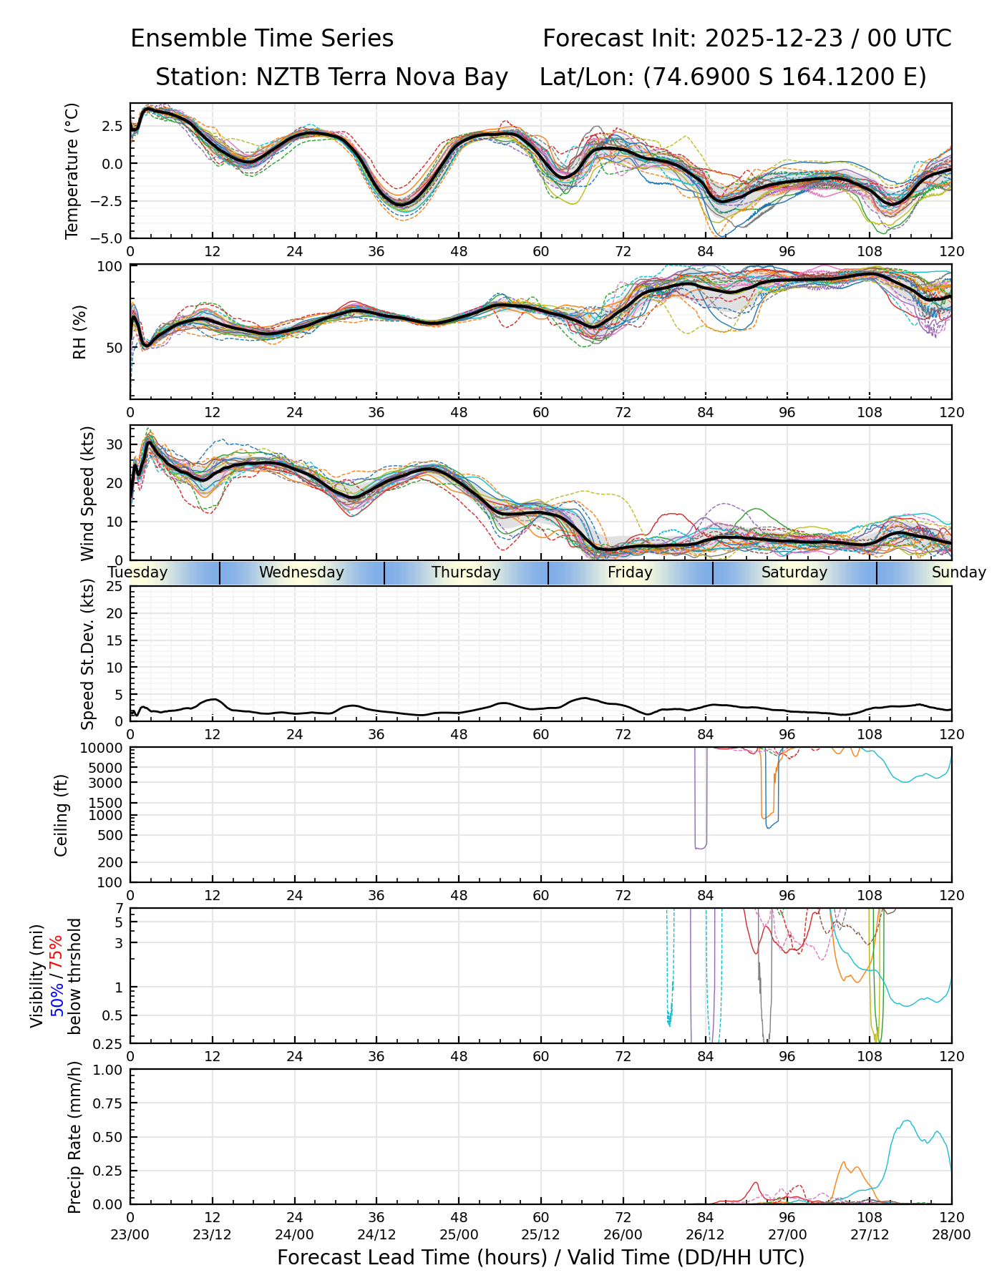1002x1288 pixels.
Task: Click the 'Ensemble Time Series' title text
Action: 262,39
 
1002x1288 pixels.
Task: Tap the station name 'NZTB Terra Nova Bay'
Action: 382,77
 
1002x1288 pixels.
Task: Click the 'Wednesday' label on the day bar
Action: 301,572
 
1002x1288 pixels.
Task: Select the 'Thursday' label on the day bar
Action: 466,572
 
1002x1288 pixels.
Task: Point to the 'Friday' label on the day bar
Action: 630,572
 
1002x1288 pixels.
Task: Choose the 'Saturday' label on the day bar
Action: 794,572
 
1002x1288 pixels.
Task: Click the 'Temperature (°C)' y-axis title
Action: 72,170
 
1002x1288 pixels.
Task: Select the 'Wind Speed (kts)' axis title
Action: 87,493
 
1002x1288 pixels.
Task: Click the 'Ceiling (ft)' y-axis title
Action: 62,815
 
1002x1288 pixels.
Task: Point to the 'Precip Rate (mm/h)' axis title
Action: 74,1137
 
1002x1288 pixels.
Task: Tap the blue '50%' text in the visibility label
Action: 56,997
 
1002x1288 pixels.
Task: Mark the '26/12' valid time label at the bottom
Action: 705,1234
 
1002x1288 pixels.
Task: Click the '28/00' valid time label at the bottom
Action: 951,1234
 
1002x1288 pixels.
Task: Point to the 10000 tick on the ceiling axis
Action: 104,748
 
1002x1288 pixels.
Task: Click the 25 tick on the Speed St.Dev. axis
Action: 115,587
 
